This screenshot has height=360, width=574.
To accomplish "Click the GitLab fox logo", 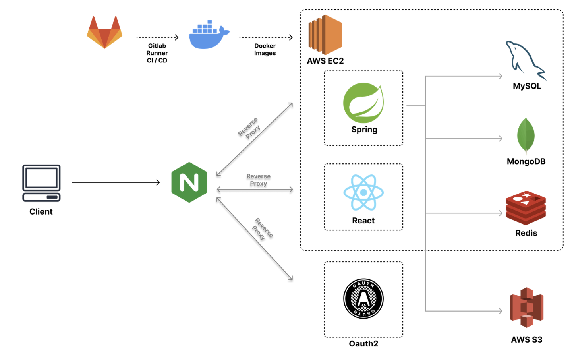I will [x=104, y=33].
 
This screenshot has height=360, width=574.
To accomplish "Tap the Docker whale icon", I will [x=209, y=36].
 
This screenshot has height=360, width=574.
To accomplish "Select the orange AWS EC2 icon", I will [x=325, y=35].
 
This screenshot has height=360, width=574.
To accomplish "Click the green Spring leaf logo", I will [x=363, y=103].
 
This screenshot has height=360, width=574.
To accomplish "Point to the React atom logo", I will [x=363, y=193].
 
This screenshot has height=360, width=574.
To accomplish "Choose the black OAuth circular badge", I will [x=363, y=298].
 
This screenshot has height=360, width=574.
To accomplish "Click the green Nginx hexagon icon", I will [x=189, y=182].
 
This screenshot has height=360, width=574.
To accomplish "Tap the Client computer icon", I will [x=41, y=183].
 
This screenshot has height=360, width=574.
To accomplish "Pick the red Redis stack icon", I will [x=526, y=208].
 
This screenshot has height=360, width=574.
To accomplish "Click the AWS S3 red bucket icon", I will [x=526, y=308].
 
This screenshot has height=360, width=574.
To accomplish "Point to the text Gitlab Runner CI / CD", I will [x=157, y=53].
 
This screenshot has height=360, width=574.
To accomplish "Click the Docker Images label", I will [x=265, y=50].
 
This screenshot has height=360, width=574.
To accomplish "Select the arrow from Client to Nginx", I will [x=115, y=182].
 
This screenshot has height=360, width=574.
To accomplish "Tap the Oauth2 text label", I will [x=363, y=344].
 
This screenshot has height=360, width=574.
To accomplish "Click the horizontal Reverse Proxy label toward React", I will [x=258, y=180].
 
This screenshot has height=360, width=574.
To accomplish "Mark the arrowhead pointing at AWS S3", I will [x=501, y=311].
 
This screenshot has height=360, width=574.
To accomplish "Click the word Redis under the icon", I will [x=526, y=233].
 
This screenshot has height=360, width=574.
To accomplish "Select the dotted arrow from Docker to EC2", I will [x=265, y=37].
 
